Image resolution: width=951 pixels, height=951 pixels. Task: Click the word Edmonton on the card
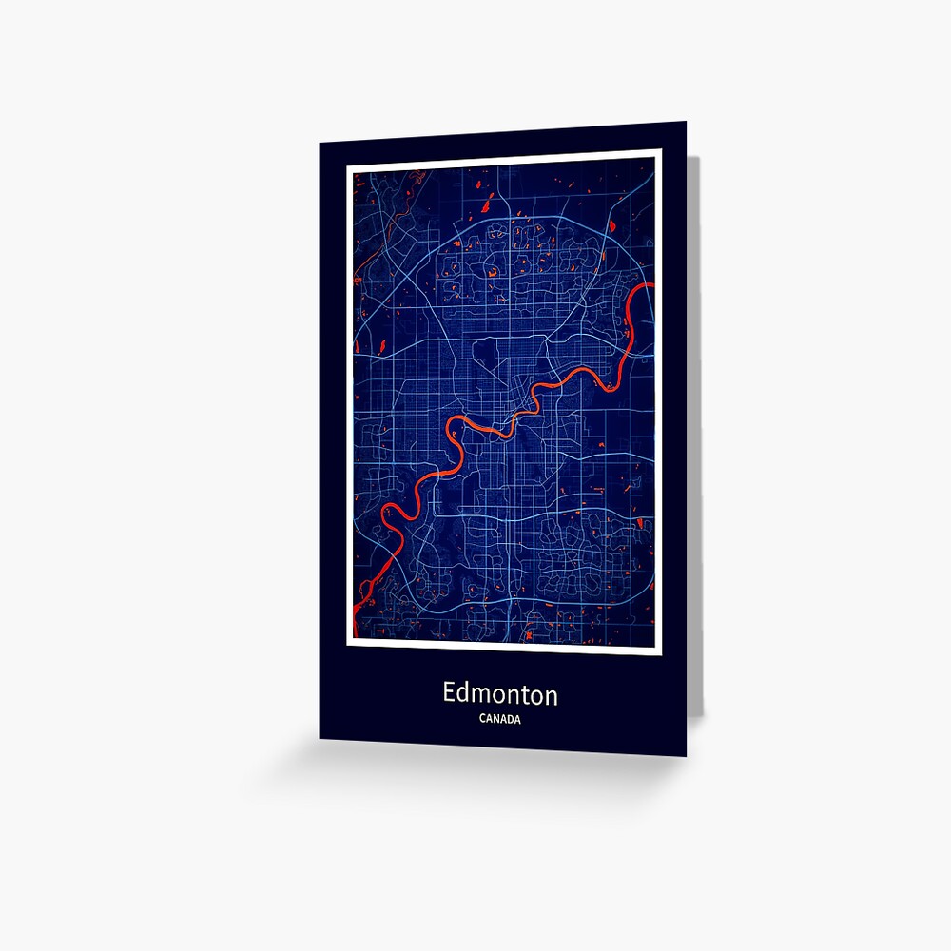(499, 694)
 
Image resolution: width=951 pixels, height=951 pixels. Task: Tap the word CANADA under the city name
(500, 720)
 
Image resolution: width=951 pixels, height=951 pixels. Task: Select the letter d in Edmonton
(464, 694)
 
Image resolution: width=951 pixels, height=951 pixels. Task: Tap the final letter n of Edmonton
(551, 696)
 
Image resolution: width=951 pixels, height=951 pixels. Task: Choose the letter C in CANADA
(482, 720)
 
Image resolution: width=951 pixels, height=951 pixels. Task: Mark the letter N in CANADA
(496, 720)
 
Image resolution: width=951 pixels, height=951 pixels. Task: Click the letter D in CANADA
(511, 720)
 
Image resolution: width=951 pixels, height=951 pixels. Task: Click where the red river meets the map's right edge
(651, 285)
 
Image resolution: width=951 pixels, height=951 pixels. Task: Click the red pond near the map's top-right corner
(612, 225)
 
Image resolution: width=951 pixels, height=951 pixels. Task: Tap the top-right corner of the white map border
(658, 152)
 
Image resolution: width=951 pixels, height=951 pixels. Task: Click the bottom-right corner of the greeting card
(685, 755)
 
